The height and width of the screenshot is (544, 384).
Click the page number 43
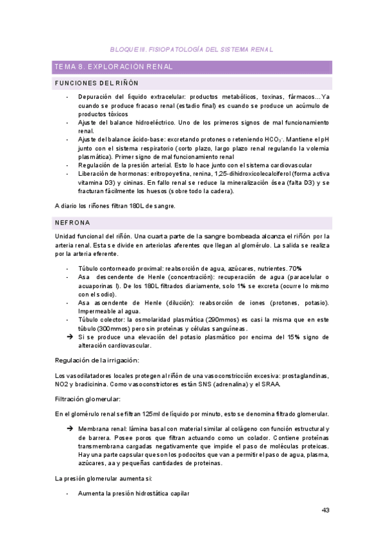click(x=325, y=511)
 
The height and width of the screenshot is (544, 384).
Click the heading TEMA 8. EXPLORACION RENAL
click(x=113, y=67)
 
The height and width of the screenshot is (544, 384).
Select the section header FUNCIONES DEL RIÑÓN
click(x=97, y=83)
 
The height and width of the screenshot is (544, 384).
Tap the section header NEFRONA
click(x=72, y=223)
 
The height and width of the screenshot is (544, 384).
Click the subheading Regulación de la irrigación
click(x=97, y=361)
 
